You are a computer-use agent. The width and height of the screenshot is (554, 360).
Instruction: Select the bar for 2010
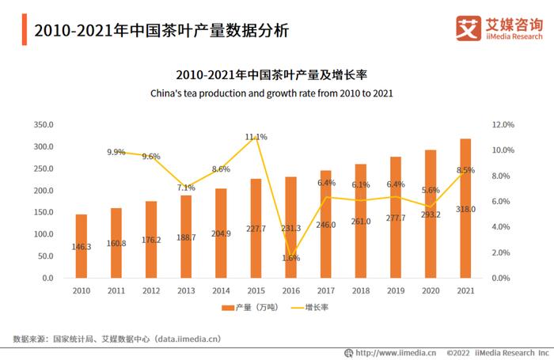click(82, 246)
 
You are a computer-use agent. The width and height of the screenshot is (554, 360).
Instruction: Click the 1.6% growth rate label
click(290, 258)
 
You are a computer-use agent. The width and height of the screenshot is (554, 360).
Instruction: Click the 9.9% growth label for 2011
click(116, 152)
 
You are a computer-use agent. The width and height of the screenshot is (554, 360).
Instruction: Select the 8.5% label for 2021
click(465, 170)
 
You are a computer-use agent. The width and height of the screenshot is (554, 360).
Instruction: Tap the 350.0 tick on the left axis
click(43, 125)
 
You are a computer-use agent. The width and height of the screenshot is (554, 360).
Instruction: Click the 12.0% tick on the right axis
click(503, 125)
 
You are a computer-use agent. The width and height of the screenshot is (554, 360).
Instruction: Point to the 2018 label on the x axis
click(361, 290)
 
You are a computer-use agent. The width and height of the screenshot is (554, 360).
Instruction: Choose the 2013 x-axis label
click(186, 290)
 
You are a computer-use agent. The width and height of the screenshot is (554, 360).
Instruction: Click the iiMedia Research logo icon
click(469, 28)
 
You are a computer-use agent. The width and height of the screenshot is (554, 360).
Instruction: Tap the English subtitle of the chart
click(272, 93)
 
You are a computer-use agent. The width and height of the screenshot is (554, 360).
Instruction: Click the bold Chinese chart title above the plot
click(272, 75)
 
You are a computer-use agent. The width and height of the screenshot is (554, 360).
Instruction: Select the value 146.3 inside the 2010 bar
click(82, 247)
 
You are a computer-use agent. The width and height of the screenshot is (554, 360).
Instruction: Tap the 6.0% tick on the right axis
click(503, 202)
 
